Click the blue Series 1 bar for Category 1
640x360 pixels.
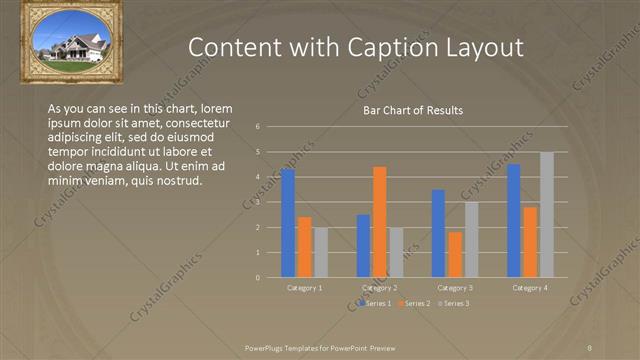point(288,222)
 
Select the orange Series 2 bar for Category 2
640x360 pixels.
point(379,221)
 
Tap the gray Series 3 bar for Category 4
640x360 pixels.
point(546,214)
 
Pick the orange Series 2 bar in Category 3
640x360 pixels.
point(455,254)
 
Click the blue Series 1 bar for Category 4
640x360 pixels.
point(514,220)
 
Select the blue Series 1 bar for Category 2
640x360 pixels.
point(363,245)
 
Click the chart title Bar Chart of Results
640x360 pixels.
point(412,110)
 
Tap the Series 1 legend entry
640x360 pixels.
point(376,303)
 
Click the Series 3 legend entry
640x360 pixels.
point(455,303)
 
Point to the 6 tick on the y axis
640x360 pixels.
point(258,127)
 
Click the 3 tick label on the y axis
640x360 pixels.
point(258,202)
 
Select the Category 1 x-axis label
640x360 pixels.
point(304,288)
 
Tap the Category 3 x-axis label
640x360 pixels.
point(455,288)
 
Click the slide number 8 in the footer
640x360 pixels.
point(590,346)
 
